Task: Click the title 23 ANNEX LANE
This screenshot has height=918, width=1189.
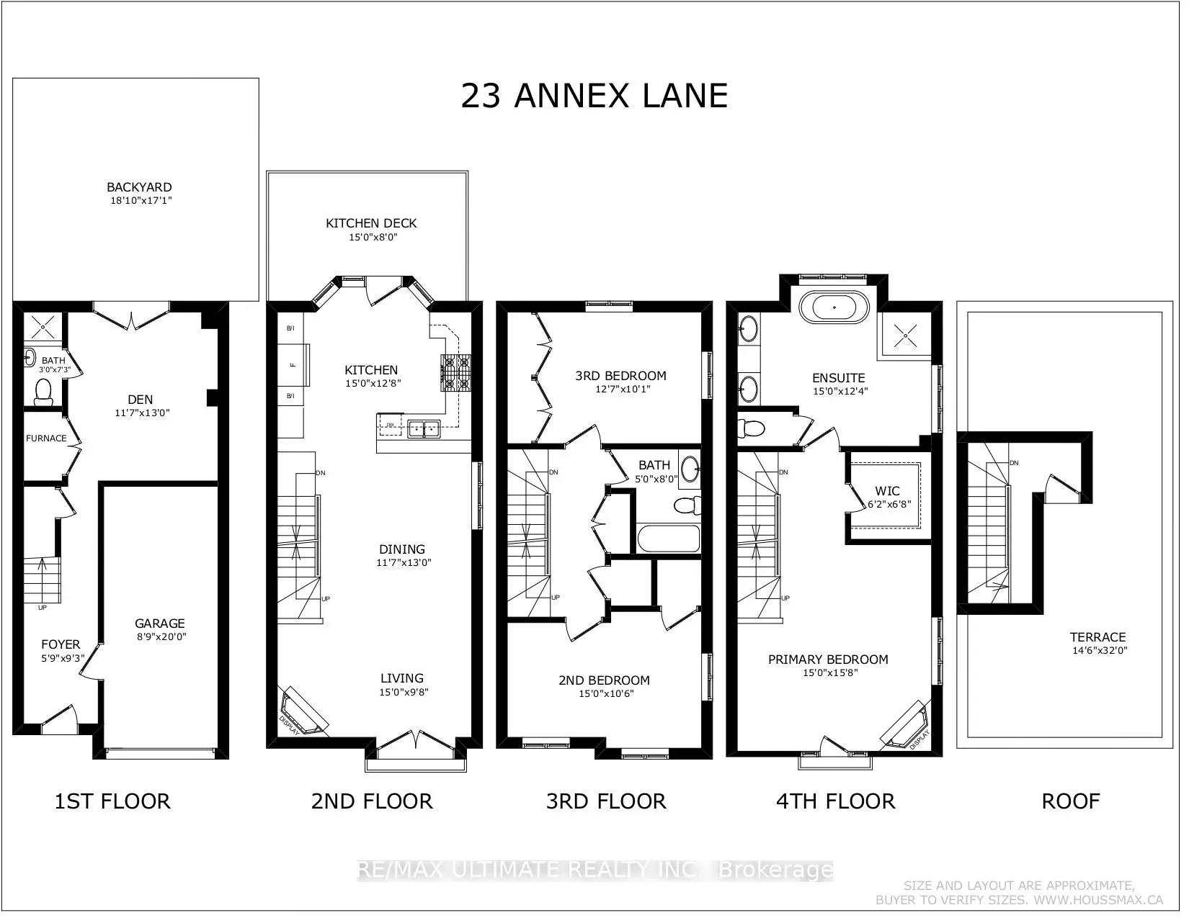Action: click(x=594, y=96)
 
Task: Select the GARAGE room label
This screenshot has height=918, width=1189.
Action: click(x=159, y=624)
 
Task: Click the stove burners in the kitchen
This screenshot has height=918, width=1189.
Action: click(x=456, y=373)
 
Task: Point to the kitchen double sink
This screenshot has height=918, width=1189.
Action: click(x=424, y=428)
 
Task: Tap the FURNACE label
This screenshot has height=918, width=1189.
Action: click(x=46, y=438)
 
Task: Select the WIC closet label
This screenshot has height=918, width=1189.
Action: click(x=887, y=491)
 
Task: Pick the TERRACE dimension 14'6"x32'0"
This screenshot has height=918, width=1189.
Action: click(x=1098, y=650)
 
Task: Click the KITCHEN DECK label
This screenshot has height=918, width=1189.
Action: click(x=371, y=223)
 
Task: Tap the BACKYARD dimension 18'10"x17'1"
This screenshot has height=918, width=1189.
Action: click(x=139, y=200)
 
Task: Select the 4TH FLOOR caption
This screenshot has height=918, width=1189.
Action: click(x=835, y=801)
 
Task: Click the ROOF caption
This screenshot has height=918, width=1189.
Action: click(x=1070, y=801)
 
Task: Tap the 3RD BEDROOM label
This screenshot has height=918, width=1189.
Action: click(x=620, y=375)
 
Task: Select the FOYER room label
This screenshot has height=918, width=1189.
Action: click(x=61, y=644)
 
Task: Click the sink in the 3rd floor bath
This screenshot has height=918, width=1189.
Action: click(x=690, y=469)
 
